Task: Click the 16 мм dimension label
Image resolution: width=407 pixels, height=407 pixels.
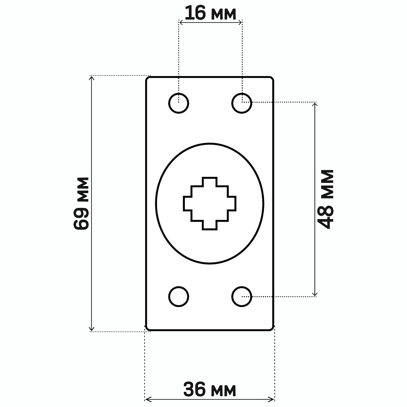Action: click(211, 14)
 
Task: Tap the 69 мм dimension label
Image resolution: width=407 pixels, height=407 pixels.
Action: click(81, 203)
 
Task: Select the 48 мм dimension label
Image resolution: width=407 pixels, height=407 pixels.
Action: click(326, 199)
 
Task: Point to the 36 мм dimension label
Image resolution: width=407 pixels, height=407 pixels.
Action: click(210, 390)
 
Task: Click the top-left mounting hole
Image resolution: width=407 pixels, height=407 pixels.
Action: click(178, 103)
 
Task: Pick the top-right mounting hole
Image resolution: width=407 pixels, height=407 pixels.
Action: click(242, 103)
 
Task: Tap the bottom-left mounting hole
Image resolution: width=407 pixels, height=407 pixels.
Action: click(178, 297)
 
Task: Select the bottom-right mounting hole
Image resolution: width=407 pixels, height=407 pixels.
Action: click(242, 297)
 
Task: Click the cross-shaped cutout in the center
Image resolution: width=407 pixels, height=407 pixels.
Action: click(210, 203)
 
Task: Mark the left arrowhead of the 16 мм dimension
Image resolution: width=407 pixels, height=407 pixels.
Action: click(181, 23)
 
